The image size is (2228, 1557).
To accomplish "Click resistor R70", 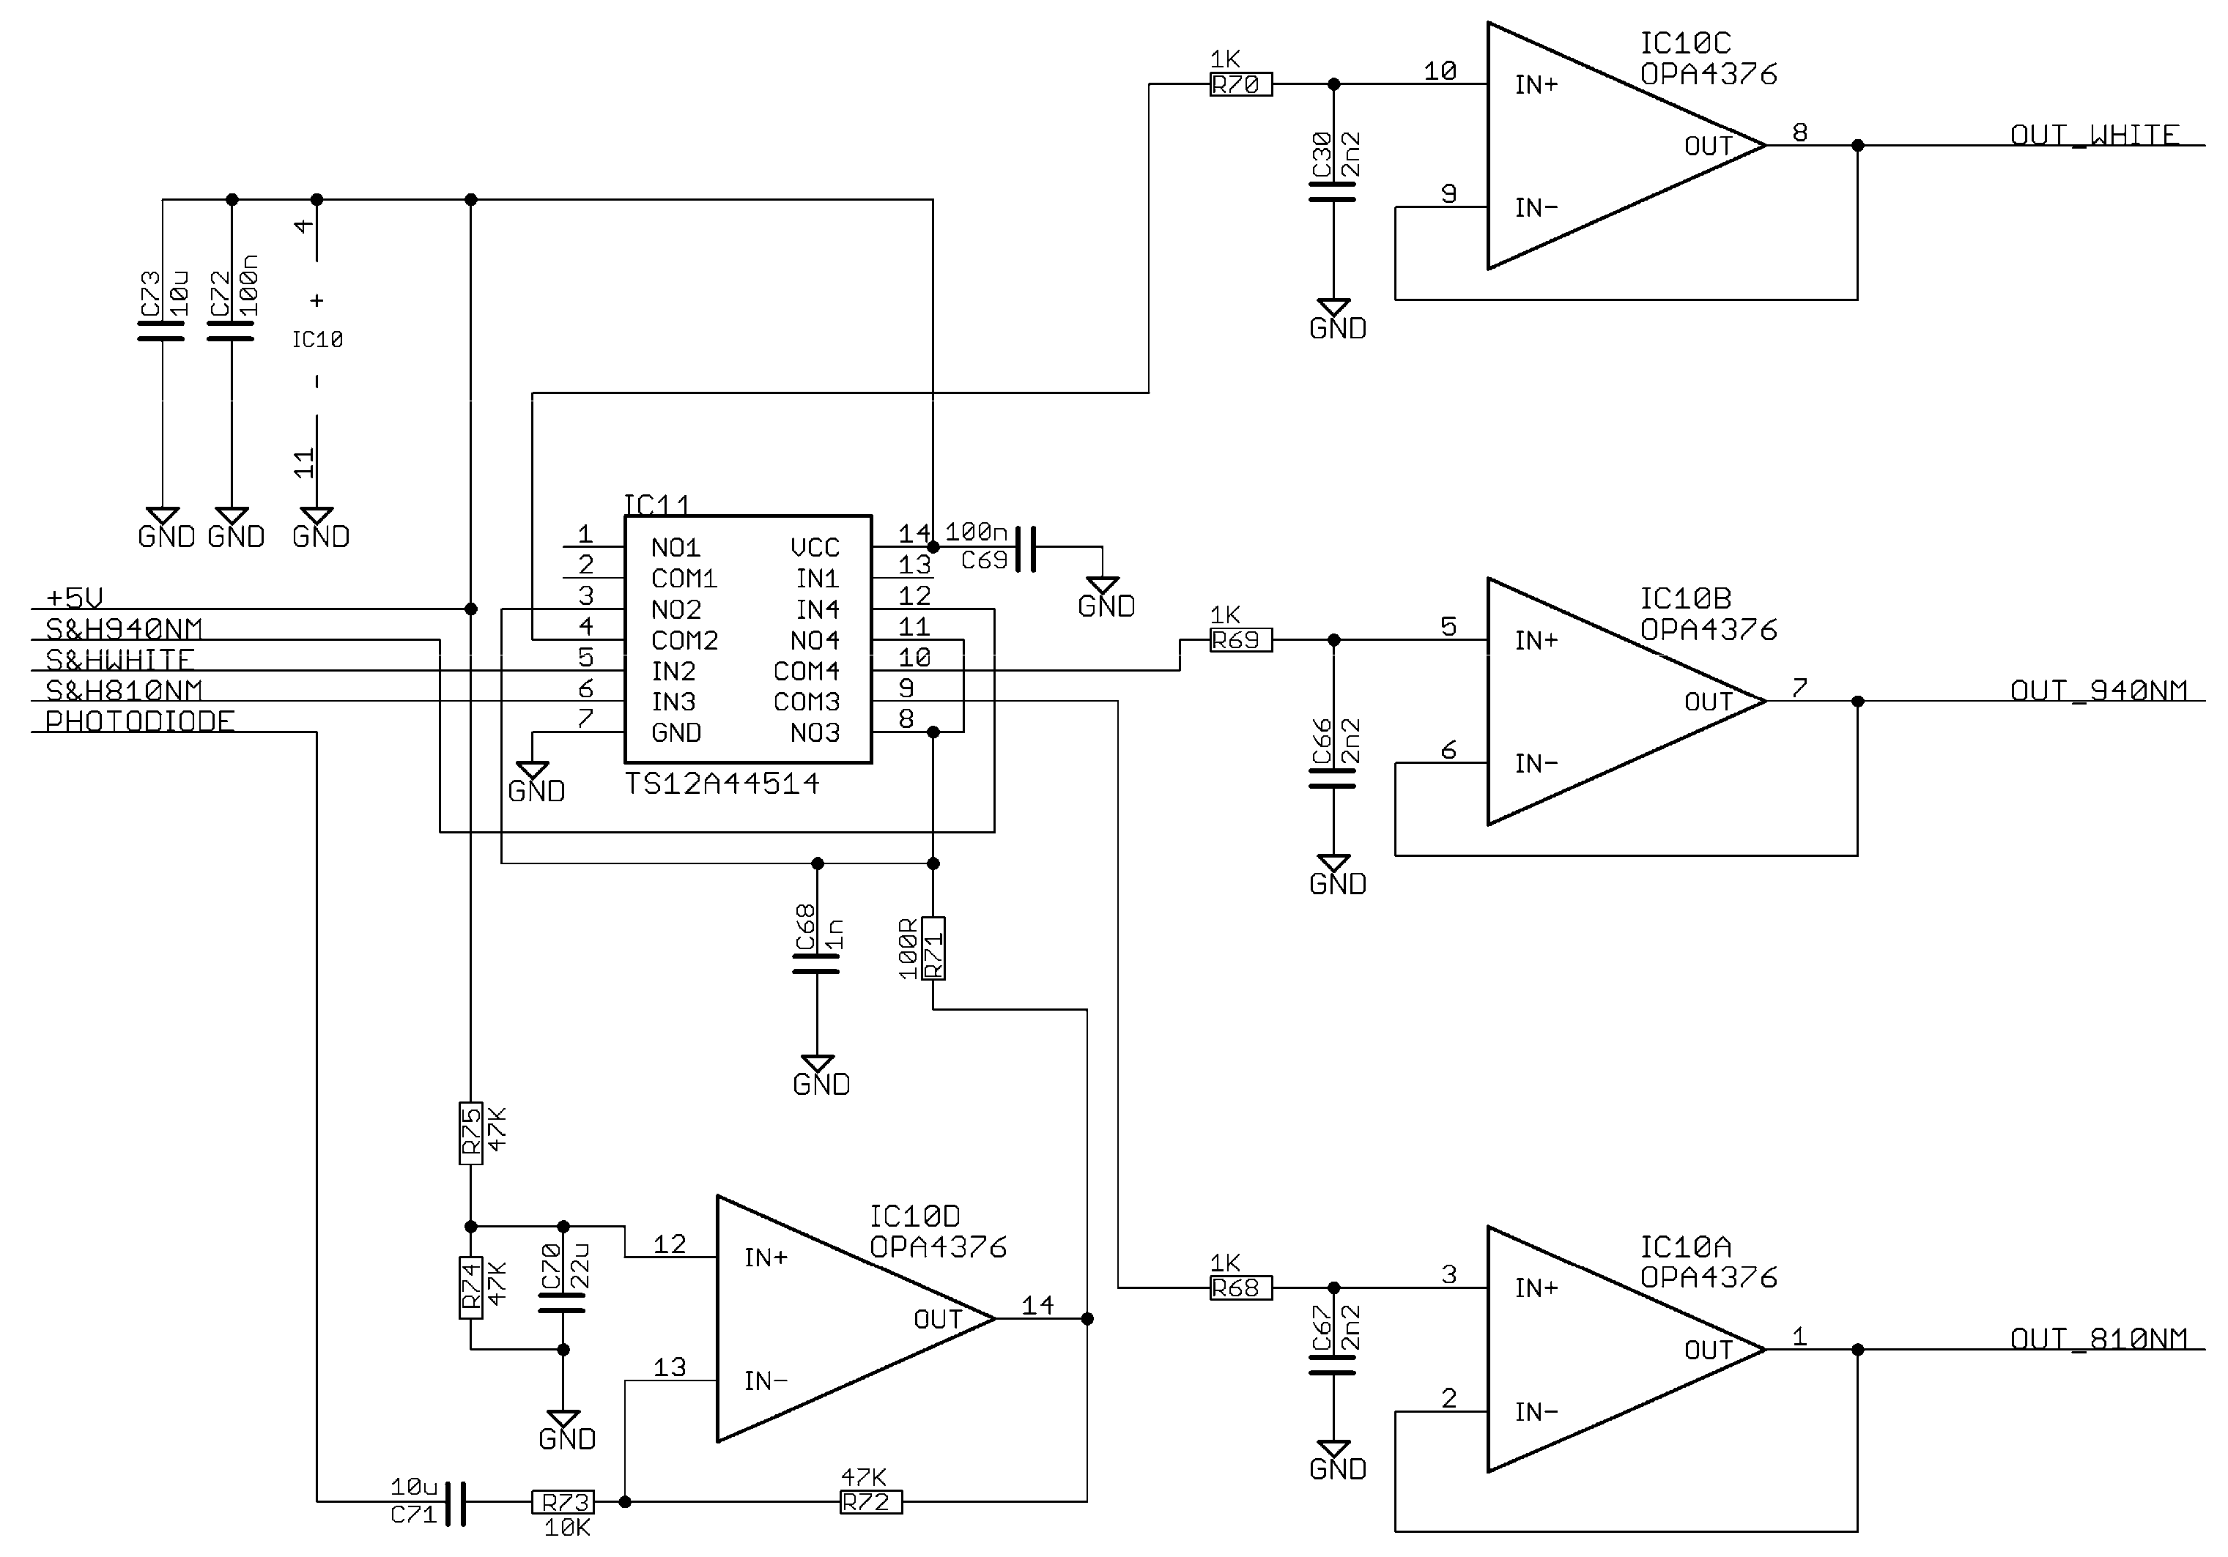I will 1240,84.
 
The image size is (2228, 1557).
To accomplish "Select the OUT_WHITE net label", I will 2094,135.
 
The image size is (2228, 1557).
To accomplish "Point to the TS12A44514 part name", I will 721,784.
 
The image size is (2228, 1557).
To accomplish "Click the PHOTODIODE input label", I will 140,721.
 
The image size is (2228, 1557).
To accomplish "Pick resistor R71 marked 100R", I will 933,948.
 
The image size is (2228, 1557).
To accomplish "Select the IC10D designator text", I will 914,1216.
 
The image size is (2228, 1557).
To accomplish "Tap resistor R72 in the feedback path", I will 870,1501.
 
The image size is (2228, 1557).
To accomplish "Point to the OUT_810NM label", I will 2098,1339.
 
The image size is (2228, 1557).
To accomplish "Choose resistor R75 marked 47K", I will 470,1133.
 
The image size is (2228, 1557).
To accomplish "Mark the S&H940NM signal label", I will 125,628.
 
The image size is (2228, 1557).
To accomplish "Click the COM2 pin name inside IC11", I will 684,640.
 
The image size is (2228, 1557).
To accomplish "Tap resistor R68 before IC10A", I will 1240,1288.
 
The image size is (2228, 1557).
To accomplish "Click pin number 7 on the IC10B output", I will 1799,688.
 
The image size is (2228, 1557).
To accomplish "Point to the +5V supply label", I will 74,598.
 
